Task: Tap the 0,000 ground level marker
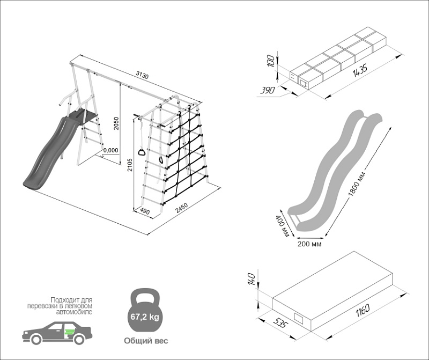(110, 150)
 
